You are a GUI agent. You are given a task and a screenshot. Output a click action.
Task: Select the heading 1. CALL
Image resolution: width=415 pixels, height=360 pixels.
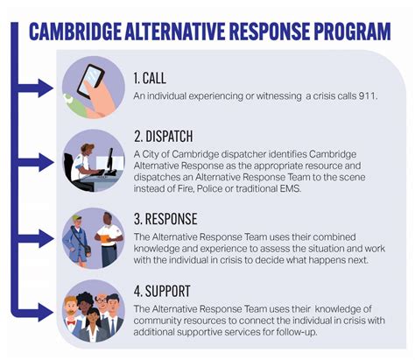coord(150,78)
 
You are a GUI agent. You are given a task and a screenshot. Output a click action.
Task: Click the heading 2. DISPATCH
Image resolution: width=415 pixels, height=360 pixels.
coord(164,137)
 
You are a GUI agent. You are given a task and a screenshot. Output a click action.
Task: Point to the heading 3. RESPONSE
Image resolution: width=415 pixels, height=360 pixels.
coord(165,219)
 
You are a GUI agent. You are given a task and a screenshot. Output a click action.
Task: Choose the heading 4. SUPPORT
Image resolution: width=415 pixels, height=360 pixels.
coord(162,291)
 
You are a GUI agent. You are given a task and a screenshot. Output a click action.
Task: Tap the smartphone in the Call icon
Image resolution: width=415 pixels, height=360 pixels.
coord(90,81)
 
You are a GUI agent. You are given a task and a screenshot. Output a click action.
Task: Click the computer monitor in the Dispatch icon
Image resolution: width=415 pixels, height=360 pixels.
coord(110,161)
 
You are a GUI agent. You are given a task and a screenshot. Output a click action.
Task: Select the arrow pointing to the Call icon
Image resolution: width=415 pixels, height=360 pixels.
coord(35,88)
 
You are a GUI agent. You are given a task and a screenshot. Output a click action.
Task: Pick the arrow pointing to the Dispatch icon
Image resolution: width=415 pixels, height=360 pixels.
coord(35,162)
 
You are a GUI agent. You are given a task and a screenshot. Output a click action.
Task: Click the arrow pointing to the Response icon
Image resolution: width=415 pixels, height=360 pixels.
coord(35,238)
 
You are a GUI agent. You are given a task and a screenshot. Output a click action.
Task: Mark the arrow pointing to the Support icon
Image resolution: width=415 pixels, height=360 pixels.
coord(35,312)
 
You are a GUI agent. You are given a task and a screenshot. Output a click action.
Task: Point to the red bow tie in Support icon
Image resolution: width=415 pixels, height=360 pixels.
coord(71,322)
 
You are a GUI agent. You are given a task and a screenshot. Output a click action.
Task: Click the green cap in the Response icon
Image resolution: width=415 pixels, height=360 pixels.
coord(77,218)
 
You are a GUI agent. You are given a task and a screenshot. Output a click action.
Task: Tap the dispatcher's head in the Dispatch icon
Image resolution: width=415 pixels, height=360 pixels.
coord(87,149)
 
